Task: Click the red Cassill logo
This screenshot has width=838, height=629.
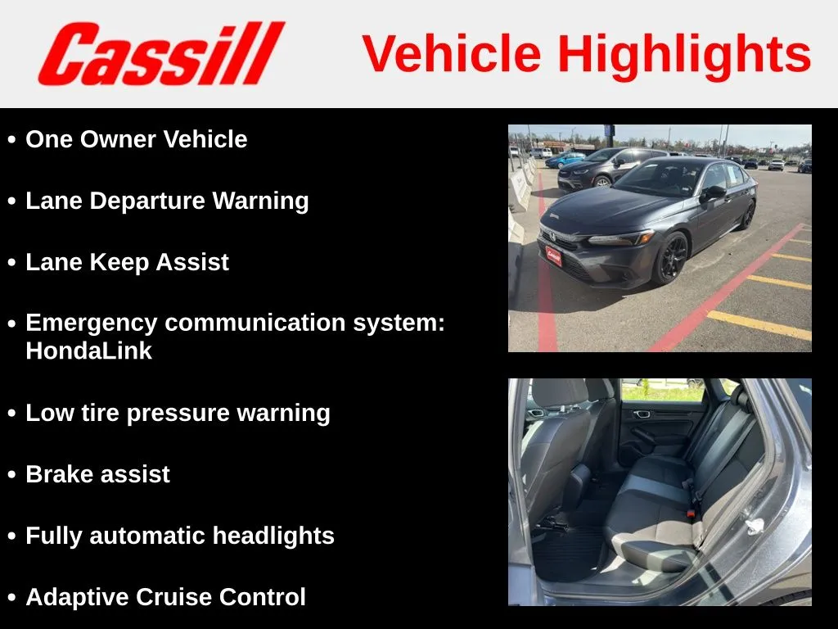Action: click(161, 53)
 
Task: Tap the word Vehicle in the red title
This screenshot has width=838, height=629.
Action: click(452, 53)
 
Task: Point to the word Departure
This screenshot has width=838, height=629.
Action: click(147, 201)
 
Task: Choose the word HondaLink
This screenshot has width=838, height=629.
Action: click(88, 351)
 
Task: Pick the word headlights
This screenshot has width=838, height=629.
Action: click(273, 536)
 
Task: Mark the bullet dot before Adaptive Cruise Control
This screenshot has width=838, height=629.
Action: click(11, 598)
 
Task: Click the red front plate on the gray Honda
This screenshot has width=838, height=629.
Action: click(553, 256)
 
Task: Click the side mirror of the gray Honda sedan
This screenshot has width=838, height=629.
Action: click(714, 192)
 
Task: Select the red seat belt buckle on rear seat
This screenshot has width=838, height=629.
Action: click(691, 514)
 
